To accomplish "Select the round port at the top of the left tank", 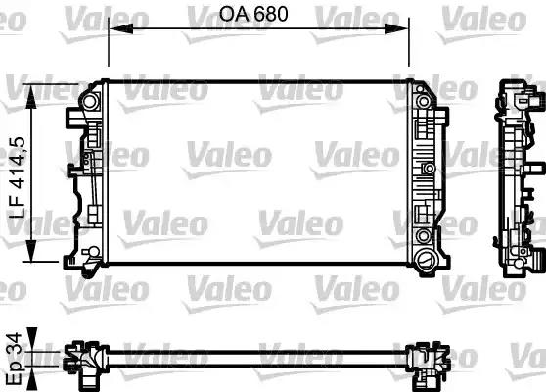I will click(x=90, y=101).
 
